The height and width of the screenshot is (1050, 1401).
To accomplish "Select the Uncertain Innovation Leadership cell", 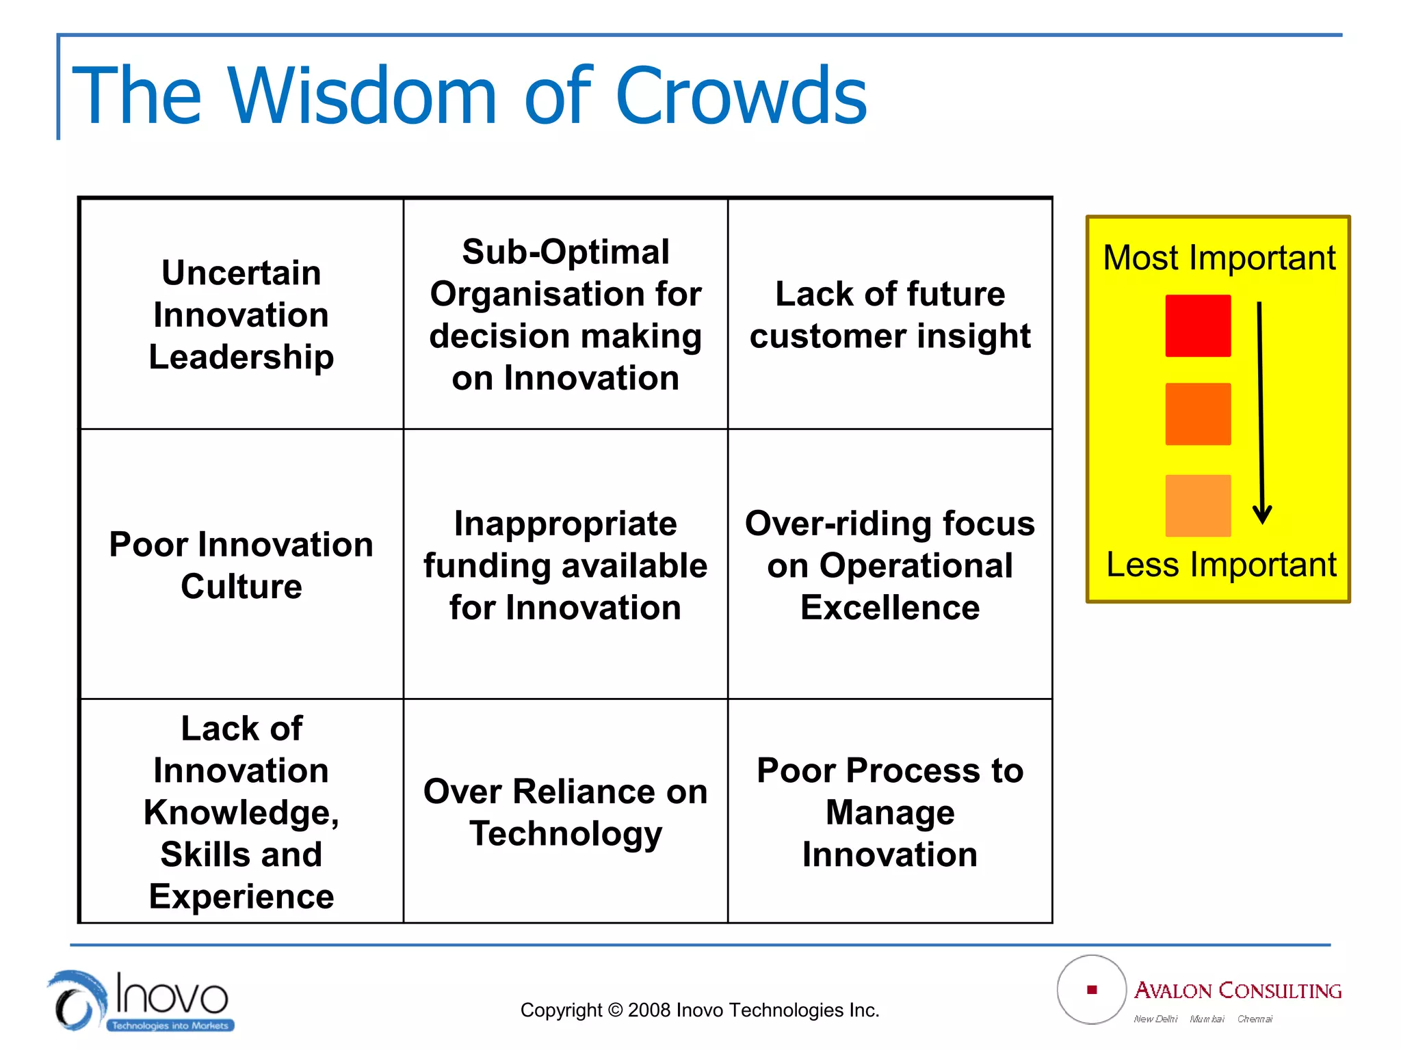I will (241, 314).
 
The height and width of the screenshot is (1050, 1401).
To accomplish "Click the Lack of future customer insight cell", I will (889, 314).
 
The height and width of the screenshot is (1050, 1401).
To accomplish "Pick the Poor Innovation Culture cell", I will (241, 565).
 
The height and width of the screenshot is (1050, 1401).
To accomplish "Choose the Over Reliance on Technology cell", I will (565, 812).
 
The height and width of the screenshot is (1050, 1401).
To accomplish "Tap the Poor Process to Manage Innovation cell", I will (889, 812).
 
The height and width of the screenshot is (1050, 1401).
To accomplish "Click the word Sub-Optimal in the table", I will (565, 252).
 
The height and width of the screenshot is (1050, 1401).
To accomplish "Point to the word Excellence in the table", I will (889, 608).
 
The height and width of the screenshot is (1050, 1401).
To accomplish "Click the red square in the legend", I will (1198, 326).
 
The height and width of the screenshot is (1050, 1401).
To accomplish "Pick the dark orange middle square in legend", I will (1198, 414).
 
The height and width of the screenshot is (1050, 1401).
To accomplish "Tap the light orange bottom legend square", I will (1198, 506).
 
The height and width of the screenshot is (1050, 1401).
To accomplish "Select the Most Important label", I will (1219, 258).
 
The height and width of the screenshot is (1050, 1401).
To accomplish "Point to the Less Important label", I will (1220, 565).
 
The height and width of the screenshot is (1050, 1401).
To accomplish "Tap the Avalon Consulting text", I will (1238, 991).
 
